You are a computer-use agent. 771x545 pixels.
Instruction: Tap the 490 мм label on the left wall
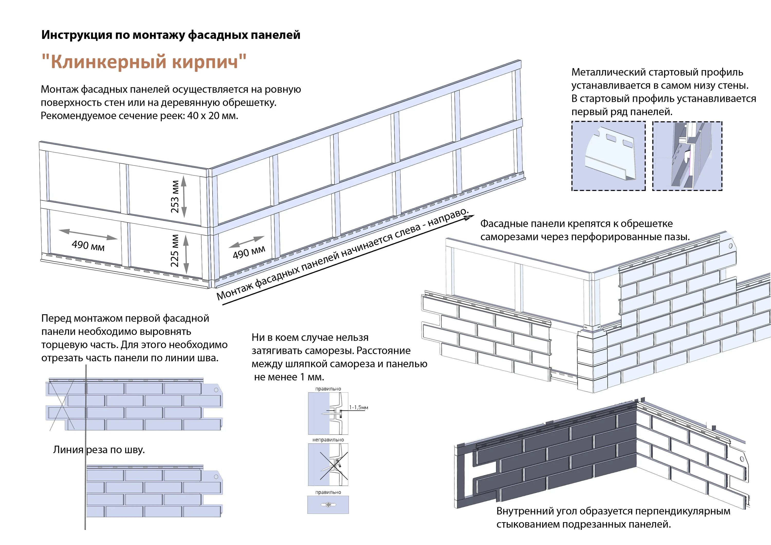88,245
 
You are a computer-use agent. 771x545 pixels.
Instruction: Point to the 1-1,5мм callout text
359,407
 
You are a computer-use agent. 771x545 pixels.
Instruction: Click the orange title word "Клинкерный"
108,62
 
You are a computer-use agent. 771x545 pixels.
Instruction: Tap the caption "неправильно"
328,440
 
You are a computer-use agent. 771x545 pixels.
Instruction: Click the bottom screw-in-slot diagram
328,504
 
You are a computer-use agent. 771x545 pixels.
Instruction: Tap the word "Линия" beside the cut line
68,450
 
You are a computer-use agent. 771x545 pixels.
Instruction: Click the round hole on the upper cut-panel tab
216,390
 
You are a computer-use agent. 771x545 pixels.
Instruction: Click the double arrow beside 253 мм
184,197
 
